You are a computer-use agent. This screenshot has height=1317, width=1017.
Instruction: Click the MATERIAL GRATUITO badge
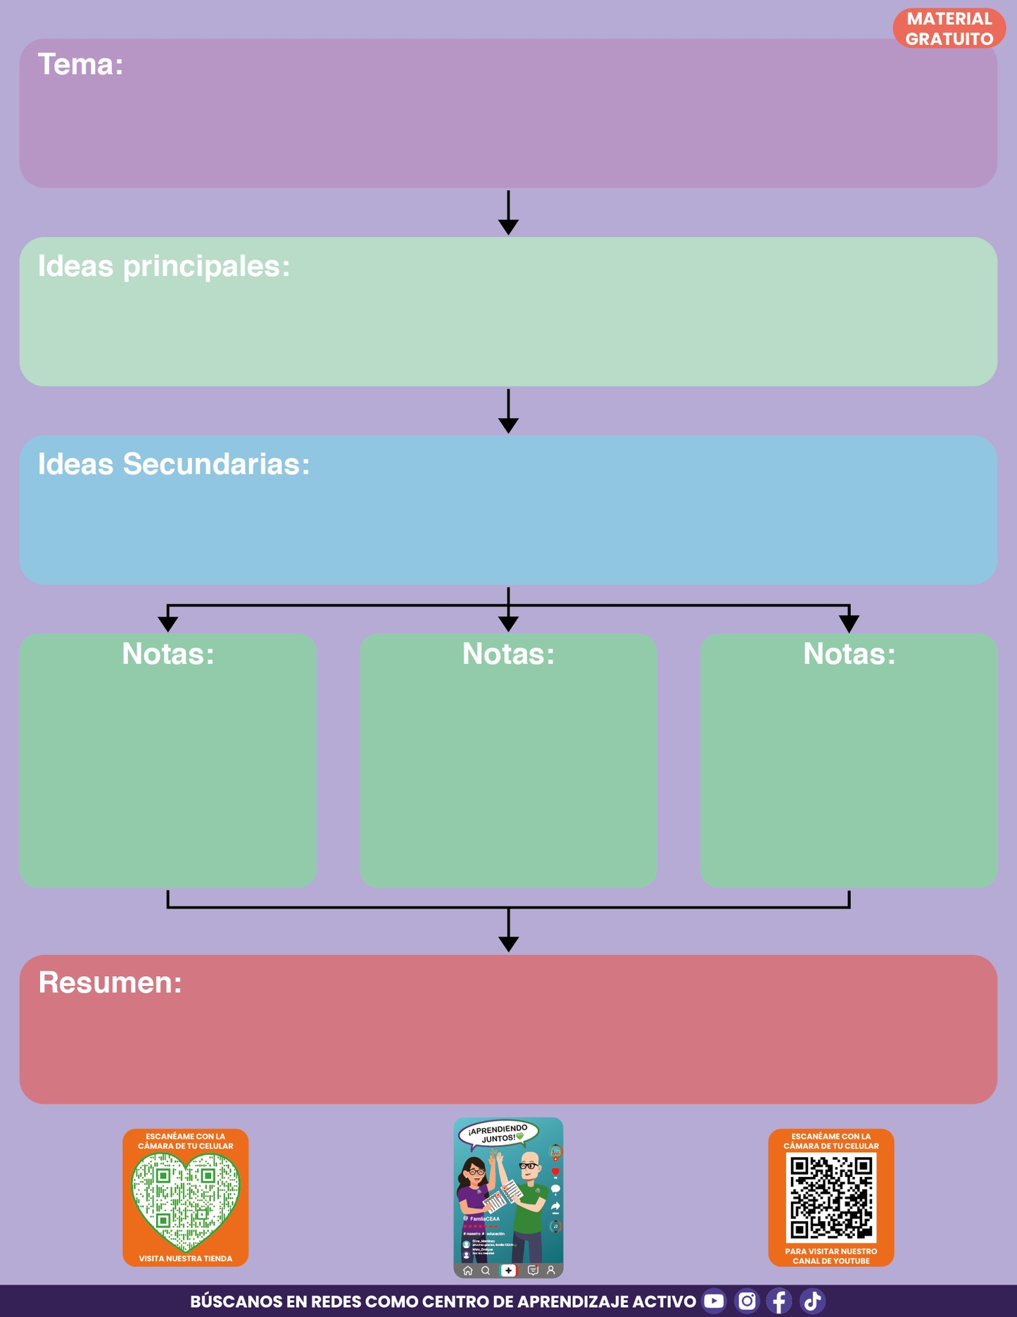pos(949,29)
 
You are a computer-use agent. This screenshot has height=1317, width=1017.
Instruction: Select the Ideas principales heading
pos(163,266)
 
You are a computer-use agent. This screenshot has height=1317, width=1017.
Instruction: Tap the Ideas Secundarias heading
pos(173,464)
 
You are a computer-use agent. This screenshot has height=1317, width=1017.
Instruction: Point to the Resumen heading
pos(110,982)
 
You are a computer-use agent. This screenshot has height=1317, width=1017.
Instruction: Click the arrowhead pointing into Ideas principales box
pos(508,226)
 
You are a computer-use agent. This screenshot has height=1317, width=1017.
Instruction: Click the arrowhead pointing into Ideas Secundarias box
pos(508,425)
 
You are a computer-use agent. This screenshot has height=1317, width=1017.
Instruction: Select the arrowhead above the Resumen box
pos(508,944)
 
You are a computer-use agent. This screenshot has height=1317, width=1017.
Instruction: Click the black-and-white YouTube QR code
pos(831,1198)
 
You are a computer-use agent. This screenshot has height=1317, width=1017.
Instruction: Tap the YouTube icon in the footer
pos(714,1301)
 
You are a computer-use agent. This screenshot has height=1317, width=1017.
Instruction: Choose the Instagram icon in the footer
pos(747,1301)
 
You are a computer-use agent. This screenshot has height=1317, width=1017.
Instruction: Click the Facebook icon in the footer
pos(779,1301)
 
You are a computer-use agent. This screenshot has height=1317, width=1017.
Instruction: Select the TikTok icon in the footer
pos(812,1301)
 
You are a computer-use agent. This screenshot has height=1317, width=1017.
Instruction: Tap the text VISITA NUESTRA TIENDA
pos(185,1259)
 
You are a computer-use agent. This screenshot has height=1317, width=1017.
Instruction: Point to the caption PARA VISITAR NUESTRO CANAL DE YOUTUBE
pos(831,1256)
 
